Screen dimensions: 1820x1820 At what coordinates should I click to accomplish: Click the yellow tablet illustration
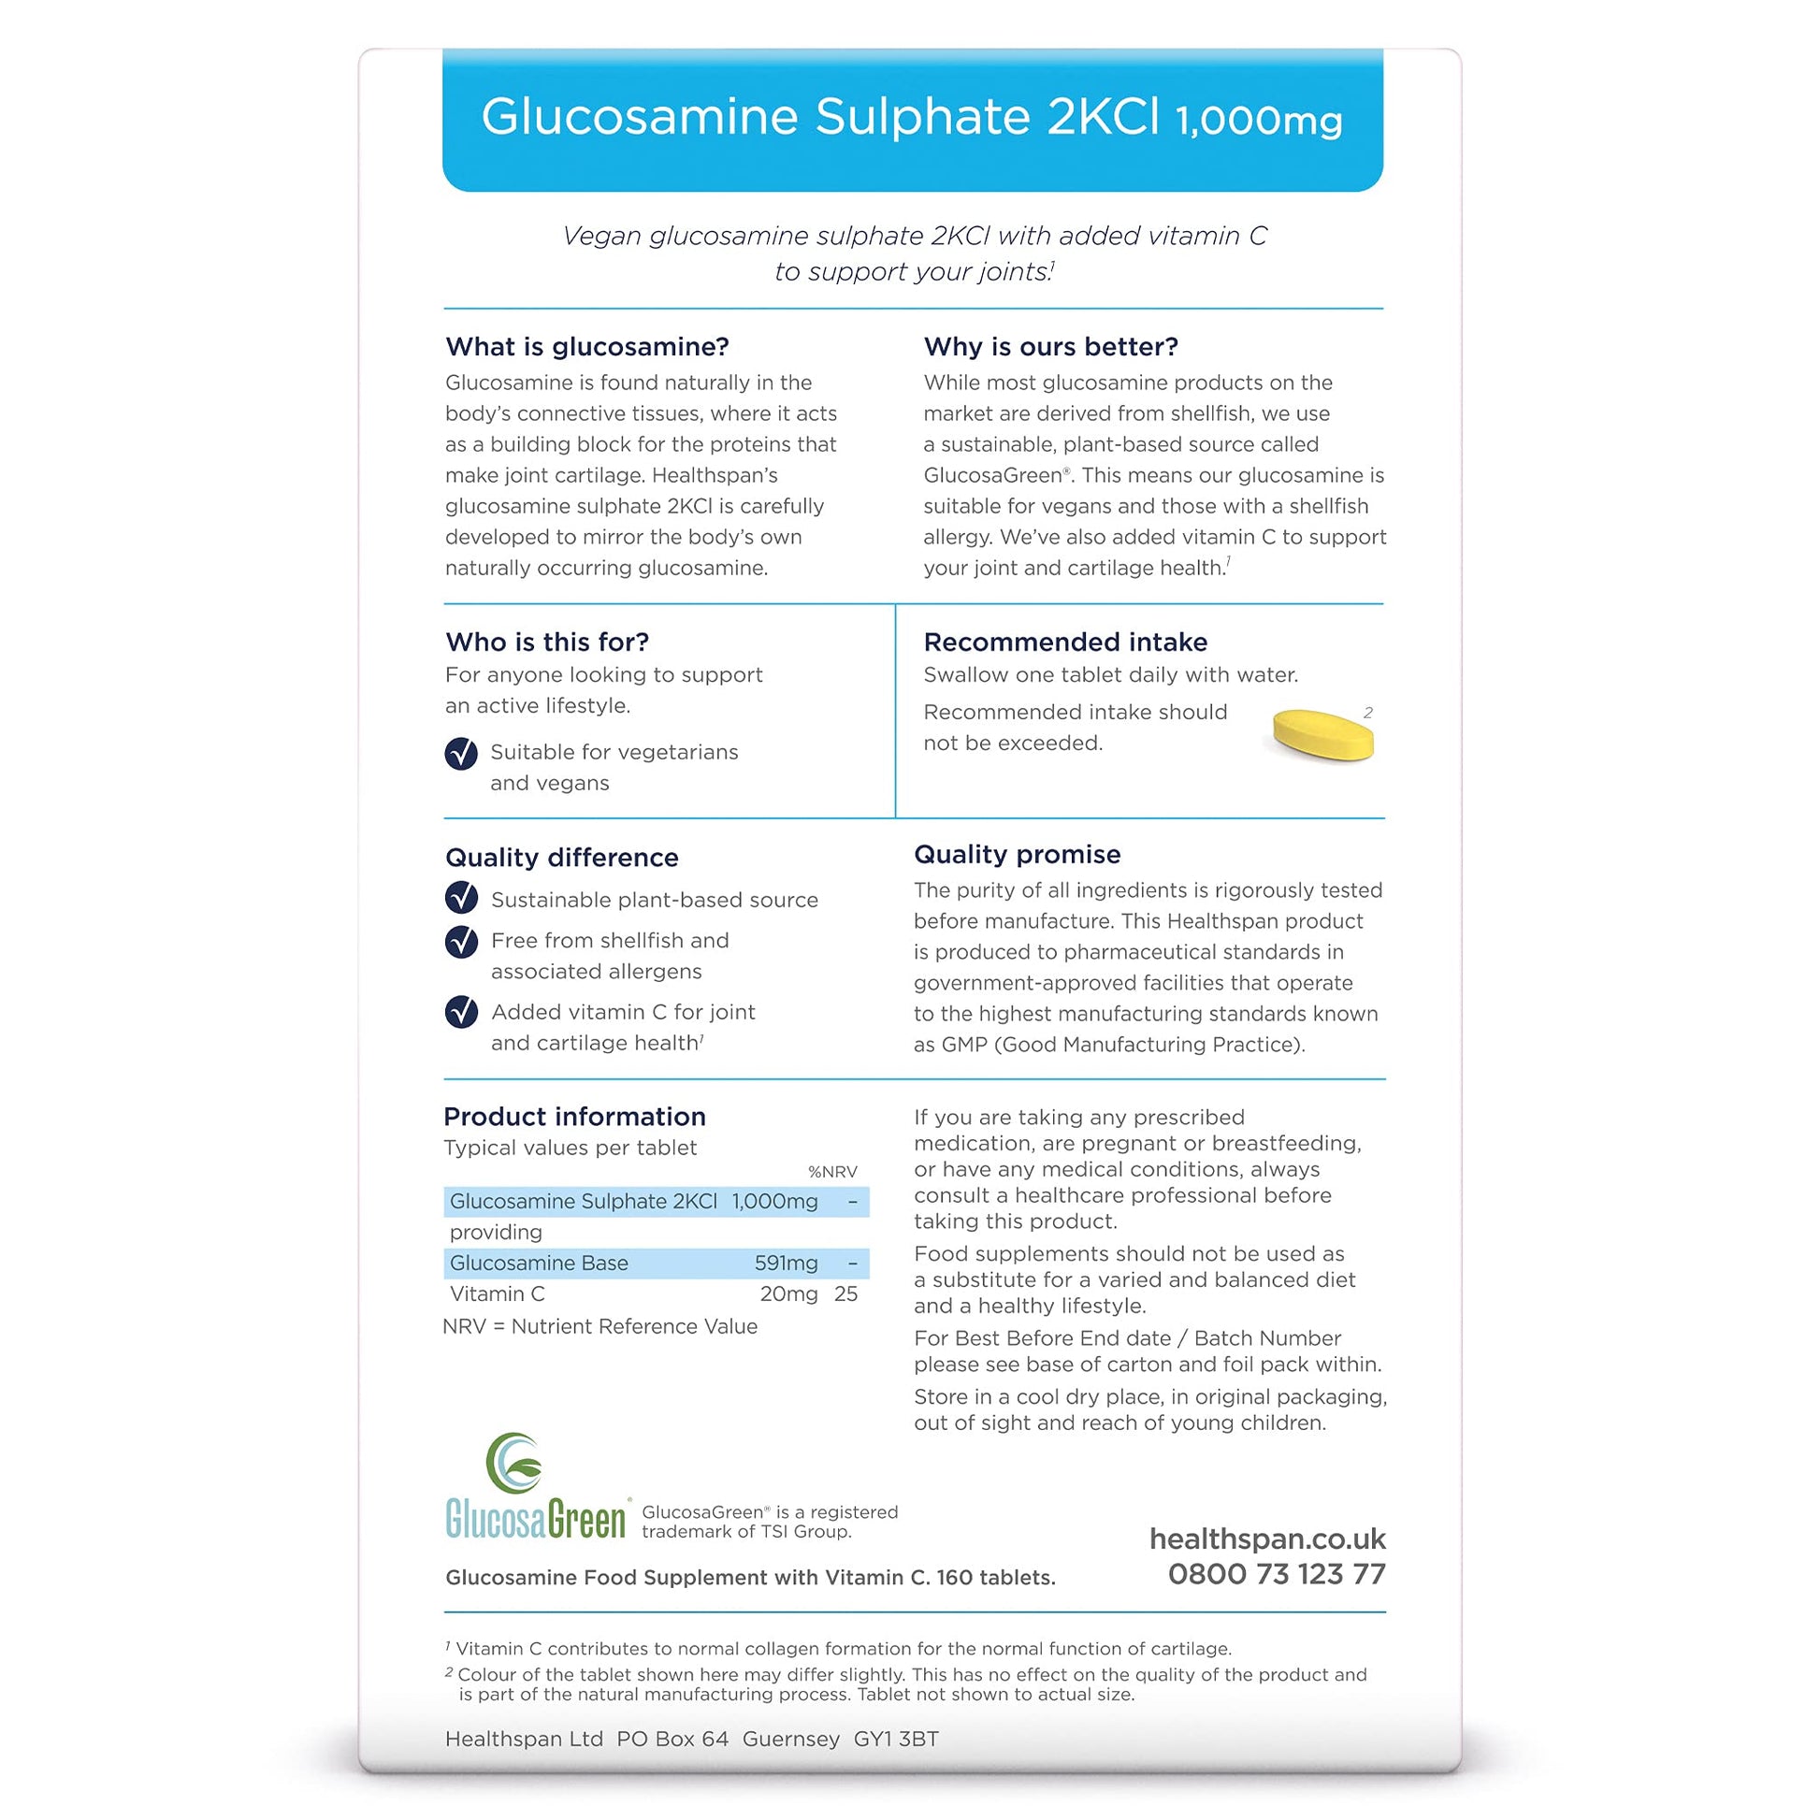point(1322,734)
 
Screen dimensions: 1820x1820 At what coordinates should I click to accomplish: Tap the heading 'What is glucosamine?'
point(587,347)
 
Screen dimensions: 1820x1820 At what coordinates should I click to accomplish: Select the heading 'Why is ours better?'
point(1050,347)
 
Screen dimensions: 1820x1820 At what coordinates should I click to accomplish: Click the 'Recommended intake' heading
point(1064,642)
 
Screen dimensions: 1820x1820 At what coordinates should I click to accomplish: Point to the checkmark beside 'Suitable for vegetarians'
point(461,753)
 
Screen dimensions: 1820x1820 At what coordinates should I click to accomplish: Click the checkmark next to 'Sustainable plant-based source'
point(461,898)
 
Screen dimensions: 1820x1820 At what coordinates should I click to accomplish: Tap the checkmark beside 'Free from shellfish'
point(461,941)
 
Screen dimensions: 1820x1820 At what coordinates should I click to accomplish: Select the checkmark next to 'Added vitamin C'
point(461,1012)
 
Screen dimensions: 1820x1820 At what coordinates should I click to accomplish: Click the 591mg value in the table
point(786,1264)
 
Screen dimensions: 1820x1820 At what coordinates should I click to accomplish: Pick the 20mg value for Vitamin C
point(788,1294)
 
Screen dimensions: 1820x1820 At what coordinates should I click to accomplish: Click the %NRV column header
point(831,1172)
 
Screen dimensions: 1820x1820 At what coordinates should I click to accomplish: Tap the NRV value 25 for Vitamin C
point(845,1294)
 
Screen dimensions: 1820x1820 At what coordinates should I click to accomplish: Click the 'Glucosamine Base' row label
point(538,1264)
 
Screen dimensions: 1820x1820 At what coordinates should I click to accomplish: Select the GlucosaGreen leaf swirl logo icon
point(514,1463)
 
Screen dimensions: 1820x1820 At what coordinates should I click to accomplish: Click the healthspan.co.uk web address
point(1267,1539)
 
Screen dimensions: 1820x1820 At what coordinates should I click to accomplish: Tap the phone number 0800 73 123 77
point(1277,1574)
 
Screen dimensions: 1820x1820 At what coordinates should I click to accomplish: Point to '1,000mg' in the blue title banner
point(1259,121)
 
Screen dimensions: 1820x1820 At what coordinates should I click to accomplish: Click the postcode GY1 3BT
point(896,1739)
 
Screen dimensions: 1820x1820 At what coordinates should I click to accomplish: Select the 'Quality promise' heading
point(1017,855)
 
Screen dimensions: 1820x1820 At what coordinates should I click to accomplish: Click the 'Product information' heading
point(574,1117)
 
